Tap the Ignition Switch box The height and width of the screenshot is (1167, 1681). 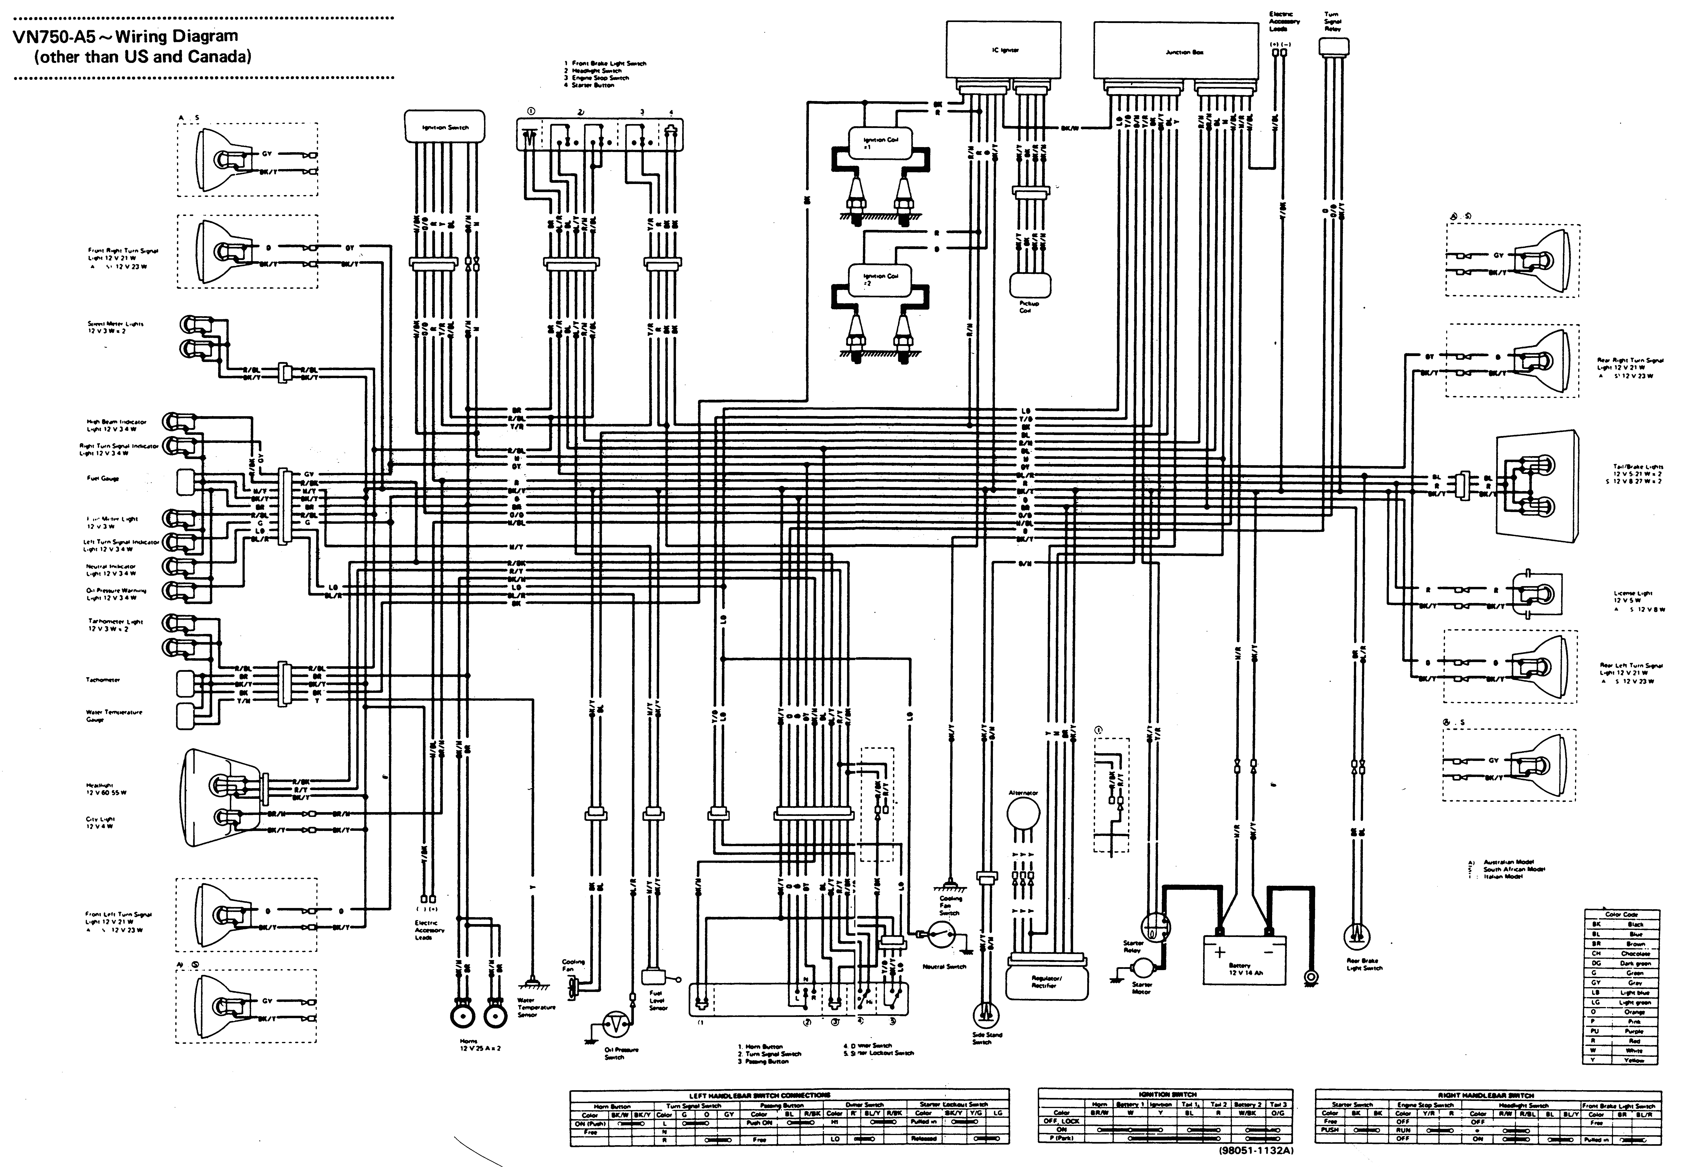click(x=445, y=127)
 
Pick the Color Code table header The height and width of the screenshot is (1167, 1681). click(x=1621, y=914)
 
